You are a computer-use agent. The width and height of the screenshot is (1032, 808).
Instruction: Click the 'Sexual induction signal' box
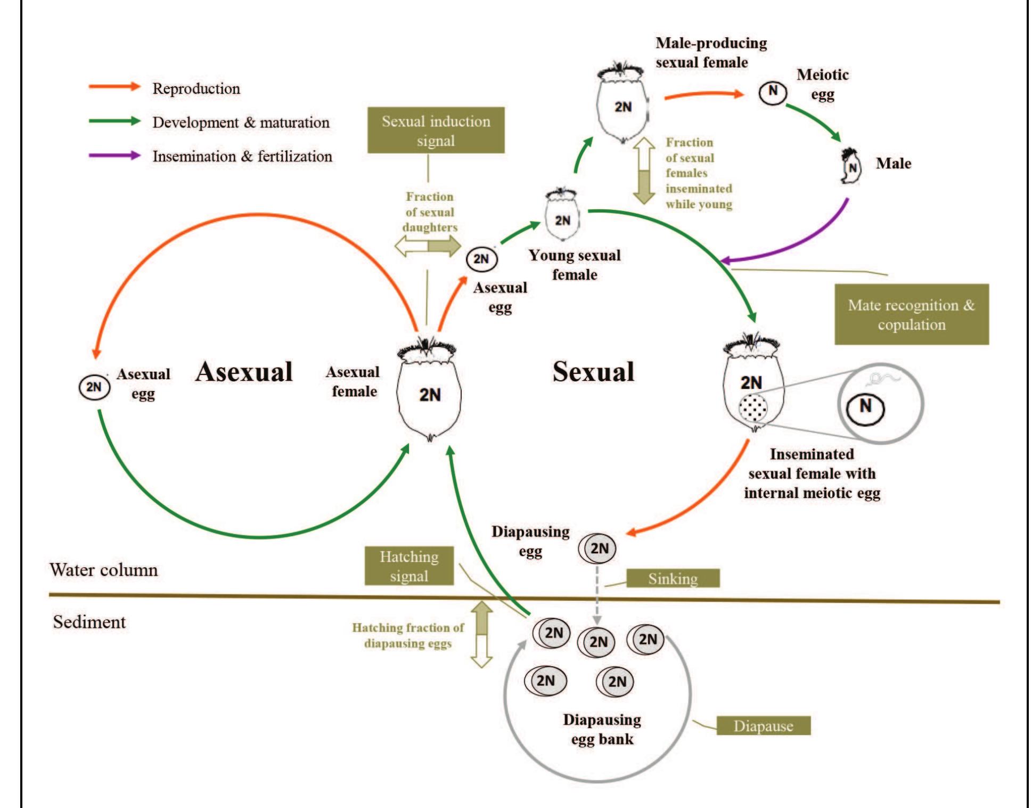pyautogui.click(x=436, y=130)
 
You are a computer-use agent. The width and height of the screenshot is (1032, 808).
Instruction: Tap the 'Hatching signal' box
pyautogui.click(x=409, y=566)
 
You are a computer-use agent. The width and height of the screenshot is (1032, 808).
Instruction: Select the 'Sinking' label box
pyautogui.click(x=673, y=578)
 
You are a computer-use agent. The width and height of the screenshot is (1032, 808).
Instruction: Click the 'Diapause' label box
pyautogui.click(x=763, y=726)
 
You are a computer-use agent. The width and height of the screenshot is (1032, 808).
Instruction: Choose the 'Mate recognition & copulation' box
pyautogui.click(x=911, y=314)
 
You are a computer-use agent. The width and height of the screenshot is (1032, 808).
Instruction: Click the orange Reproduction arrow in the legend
pyautogui.click(x=114, y=87)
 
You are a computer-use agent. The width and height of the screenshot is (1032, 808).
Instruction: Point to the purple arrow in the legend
pyautogui.click(x=114, y=156)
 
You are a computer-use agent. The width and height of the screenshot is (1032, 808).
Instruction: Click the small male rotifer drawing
pyautogui.click(x=850, y=167)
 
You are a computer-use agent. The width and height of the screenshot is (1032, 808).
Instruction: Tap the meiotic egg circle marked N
pyautogui.click(x=772, y=92)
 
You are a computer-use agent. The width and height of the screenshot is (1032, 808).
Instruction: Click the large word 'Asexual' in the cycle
pyautogui.click(x=244, y=371)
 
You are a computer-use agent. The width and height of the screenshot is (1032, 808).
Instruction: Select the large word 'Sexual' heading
pyautogui.click(x=593, y=371)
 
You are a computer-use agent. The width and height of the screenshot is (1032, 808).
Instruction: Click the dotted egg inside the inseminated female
pyautogui.click(x=753, y=408)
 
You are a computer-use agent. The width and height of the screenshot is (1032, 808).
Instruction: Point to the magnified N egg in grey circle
pyautogui.click(x=865, y=408)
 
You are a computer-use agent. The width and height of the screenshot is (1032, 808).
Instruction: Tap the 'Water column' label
pyautogui.click(x=104, y=570)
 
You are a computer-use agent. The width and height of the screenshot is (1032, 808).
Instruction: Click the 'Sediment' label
pyautogui.click(x=89, y=622)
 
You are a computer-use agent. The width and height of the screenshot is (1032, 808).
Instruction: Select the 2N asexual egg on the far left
pyautogui.click(x=94, y=387)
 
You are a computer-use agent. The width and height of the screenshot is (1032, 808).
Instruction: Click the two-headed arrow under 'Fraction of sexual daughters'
pyautogui.click(x=428, y=246)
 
